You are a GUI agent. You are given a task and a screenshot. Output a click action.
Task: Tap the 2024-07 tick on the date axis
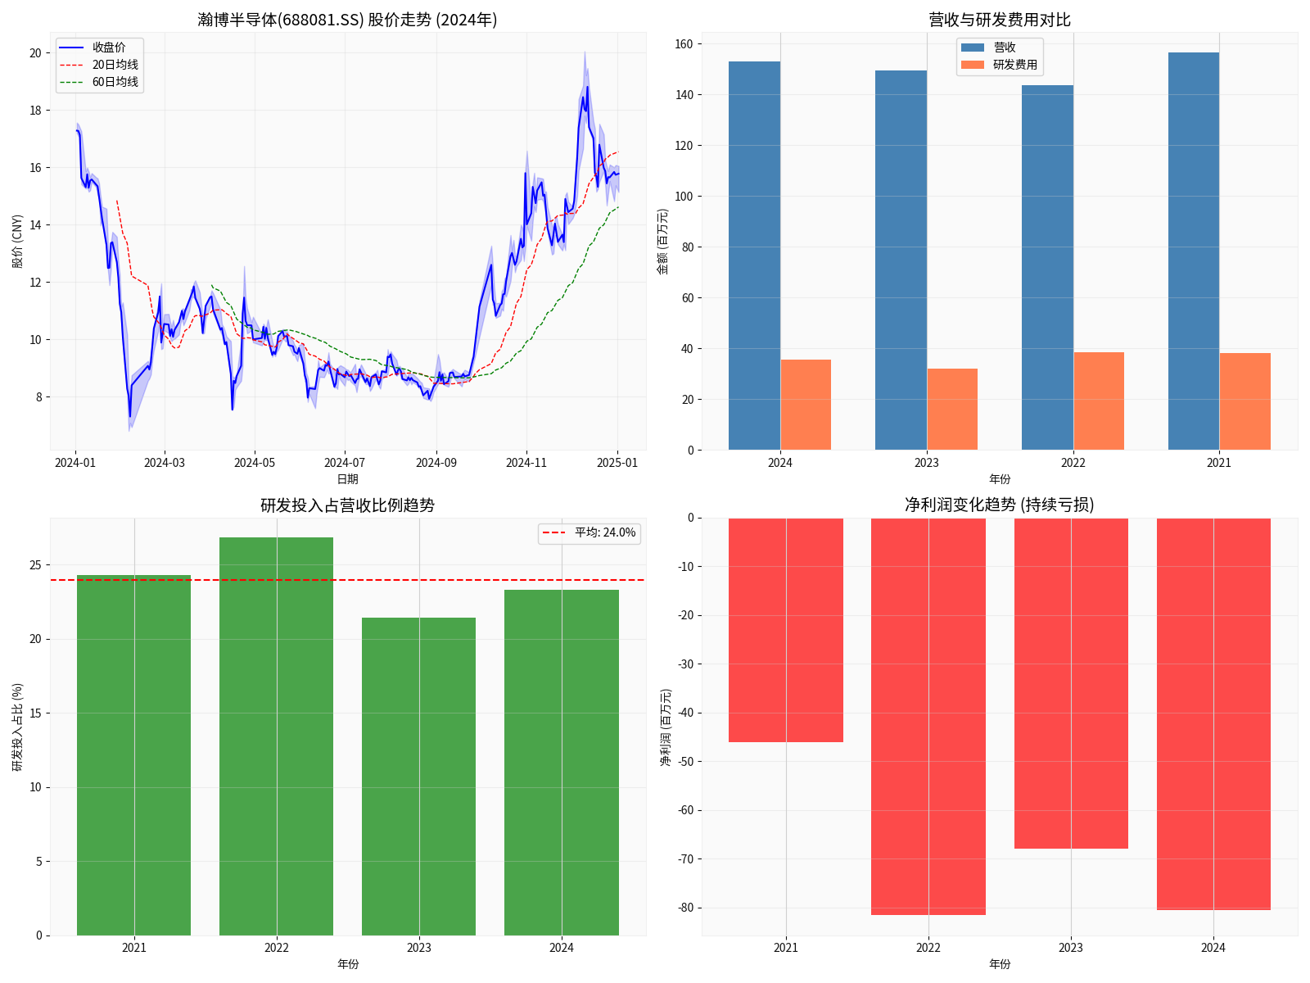(345, 463)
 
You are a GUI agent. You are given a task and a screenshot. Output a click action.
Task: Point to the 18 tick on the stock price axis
(35, 111)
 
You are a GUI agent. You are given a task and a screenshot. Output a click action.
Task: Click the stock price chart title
(347, 20)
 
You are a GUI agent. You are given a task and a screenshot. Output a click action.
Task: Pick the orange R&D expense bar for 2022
(1099, 401)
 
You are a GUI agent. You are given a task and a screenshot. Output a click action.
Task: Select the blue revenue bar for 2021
(1193, 251)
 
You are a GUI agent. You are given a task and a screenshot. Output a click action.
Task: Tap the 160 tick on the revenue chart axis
(684, 44)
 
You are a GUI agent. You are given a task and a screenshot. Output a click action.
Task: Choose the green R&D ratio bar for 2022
(277, 736)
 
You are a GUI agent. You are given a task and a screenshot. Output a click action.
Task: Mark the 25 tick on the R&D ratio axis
(35, 565)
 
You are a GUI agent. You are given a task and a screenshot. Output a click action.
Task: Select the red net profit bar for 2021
(786, 630)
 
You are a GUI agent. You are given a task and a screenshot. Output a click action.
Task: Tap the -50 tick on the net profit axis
(685, 762)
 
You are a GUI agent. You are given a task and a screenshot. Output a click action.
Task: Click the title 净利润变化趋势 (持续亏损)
(999, 505)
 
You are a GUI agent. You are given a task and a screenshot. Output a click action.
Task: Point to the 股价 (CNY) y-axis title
(18, 241)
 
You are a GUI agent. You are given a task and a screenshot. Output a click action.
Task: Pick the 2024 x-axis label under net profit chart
(1213, 948)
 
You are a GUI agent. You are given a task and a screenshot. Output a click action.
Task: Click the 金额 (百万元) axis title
(663, 241)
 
